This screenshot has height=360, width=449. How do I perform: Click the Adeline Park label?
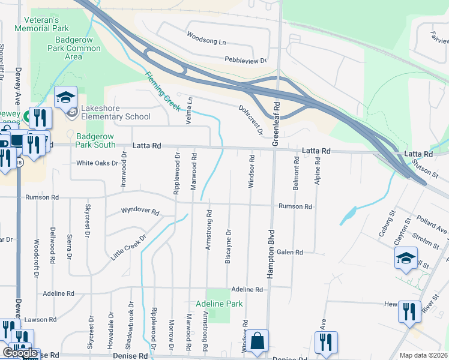(x=219, y=304)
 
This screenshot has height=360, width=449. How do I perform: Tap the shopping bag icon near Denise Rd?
(x=258, y=342)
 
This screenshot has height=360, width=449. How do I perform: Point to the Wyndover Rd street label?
(x=139, y=212)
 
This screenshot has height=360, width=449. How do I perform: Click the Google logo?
(x=20, y=353)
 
